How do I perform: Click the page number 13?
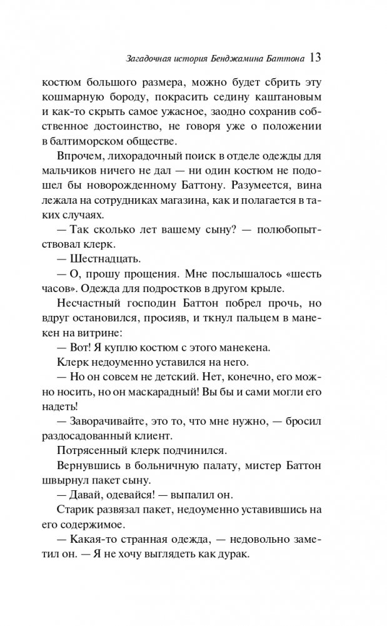point(314,58)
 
